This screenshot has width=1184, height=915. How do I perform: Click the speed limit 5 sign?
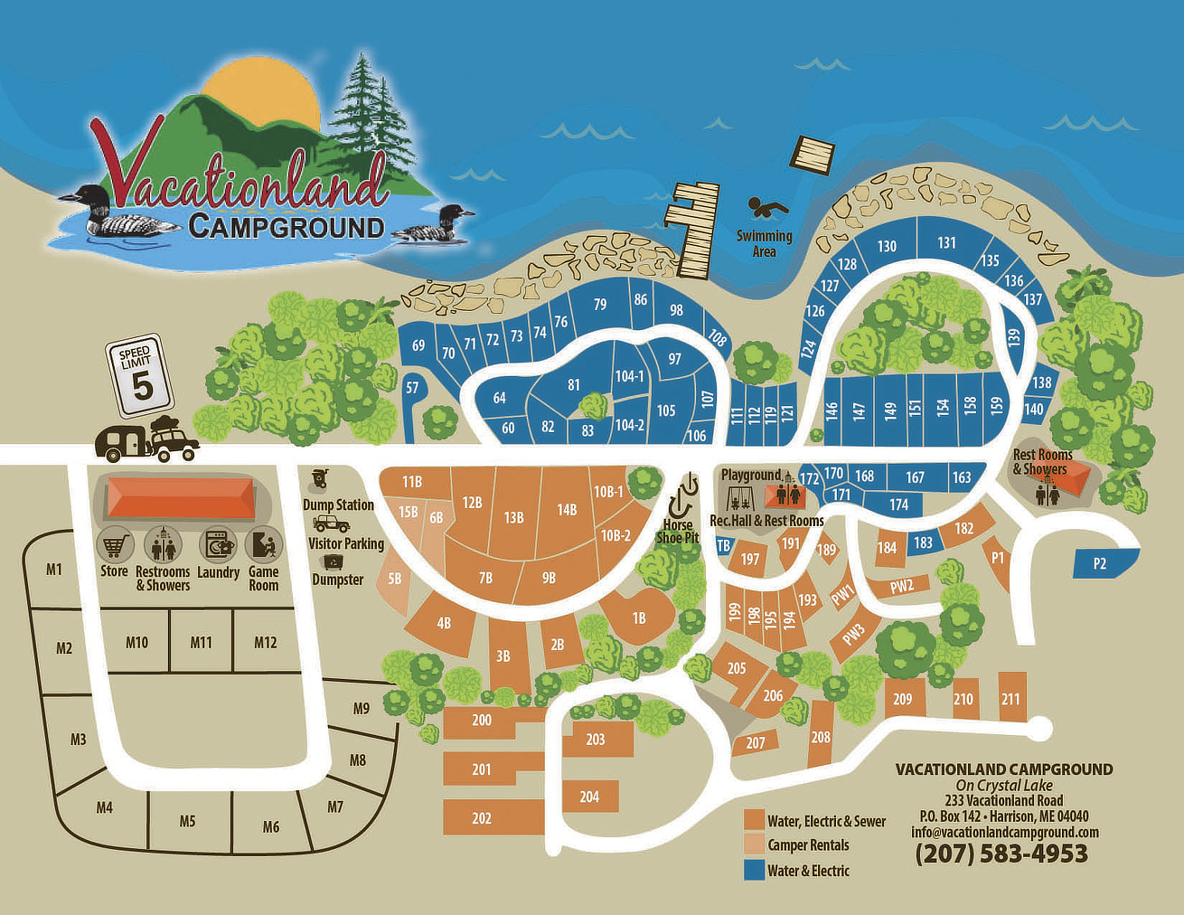coord(140,374)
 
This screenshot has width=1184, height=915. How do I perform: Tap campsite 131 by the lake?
coord(946,243)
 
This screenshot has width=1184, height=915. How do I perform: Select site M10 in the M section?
coord(136,642)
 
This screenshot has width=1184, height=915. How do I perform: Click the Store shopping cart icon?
coord(114,545)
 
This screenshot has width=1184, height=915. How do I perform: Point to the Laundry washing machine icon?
coord(218,545)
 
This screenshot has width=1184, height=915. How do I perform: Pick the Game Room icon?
coord(263,545)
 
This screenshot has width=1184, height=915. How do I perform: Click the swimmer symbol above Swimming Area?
coord(767,209)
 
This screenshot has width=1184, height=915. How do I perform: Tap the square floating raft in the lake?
coord(813,156)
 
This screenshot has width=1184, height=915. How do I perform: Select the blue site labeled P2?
coord(1099,563)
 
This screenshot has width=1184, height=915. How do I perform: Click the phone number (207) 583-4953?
coord(1001,854)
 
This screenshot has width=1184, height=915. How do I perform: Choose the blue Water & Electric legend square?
coord(754,871)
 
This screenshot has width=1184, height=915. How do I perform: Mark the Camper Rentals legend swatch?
coord(754,845)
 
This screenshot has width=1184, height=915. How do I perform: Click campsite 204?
coord(589,797)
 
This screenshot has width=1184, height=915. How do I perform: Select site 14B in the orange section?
coord(567,510)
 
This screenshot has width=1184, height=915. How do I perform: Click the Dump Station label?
coord(338,505)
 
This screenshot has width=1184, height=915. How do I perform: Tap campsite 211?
coord(1010,699)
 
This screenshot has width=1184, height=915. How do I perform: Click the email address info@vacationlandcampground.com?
coord(1005,833)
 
